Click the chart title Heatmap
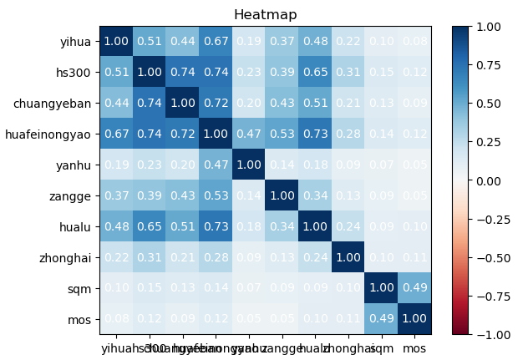(x=265, y=15)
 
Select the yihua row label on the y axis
(x=74, y=42)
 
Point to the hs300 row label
(x=74, y=73)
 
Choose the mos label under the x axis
(x=415, y=347)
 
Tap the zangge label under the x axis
(x=283, y=347)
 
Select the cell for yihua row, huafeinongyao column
(x=216, y=42)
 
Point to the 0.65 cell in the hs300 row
(x=316, y=73)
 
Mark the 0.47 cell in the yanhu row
(x=216, y=165)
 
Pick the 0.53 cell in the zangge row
(x=216, y=196)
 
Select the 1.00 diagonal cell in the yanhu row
(x=250, y=165)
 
